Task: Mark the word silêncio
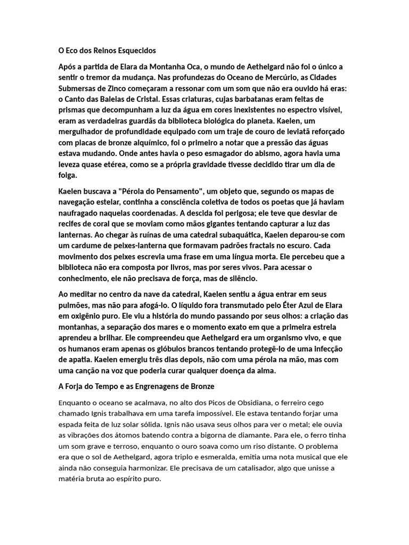(x=242, y=278)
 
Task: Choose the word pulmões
(x=73, y=305)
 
